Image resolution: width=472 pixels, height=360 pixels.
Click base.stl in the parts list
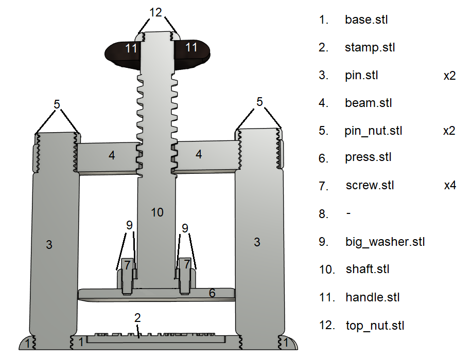[x=366, y=20]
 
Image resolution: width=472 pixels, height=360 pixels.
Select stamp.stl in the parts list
[x=370, y=48]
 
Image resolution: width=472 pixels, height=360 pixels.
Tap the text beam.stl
[x=368, y=103]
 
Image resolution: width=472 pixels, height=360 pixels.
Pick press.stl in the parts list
[x=368, y=157]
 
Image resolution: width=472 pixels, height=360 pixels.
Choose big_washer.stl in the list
[x=384, y=241]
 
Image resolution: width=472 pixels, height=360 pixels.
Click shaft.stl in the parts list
[x=368, y=269]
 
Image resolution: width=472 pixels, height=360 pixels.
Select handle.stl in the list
[x=372, y=297]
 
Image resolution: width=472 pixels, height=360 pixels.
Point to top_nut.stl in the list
[x=375, y=326]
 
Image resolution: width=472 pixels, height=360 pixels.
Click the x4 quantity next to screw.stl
[x=450, y=186]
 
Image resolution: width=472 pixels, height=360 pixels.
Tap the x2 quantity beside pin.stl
[x=449, y=76]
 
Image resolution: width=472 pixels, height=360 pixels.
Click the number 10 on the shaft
[x=157, y=212]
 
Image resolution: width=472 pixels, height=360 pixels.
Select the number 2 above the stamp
[x=137, y=317]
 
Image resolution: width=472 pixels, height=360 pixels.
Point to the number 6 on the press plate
[x=212, y=293]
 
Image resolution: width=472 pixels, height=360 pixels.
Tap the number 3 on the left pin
[x=49, y=245]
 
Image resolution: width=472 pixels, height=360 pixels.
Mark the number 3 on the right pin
[x=257, y=242]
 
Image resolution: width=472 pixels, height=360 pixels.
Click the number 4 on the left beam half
[x=112, y=155]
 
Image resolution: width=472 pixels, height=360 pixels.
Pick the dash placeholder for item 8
[x=348, y=213]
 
